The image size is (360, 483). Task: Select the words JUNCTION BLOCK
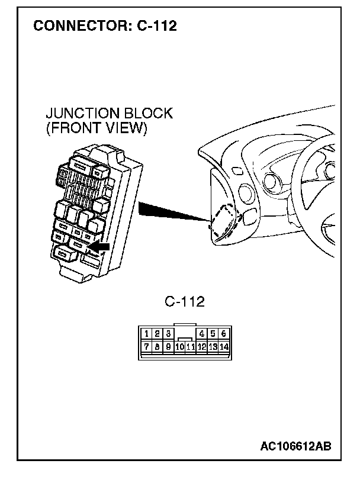point(109,114)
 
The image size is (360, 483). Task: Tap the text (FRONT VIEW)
point(96,128)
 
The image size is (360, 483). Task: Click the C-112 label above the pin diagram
point(185,302)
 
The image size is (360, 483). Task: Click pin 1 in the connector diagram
point(147,334)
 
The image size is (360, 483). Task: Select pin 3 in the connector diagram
point(168,334)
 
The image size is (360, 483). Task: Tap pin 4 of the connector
point(202,334)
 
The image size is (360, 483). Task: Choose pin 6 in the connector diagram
point(223,334)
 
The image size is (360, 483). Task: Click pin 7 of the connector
point(147,346)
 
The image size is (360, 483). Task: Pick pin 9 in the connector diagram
point(168,346)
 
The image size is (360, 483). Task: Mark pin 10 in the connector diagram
point(179,347)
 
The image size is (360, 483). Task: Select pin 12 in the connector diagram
point(202,347)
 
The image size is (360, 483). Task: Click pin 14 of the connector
point(224,347)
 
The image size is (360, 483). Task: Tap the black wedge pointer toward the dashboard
point(166,211)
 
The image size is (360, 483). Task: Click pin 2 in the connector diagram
point(157,334)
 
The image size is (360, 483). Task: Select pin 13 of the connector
point(213,347)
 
